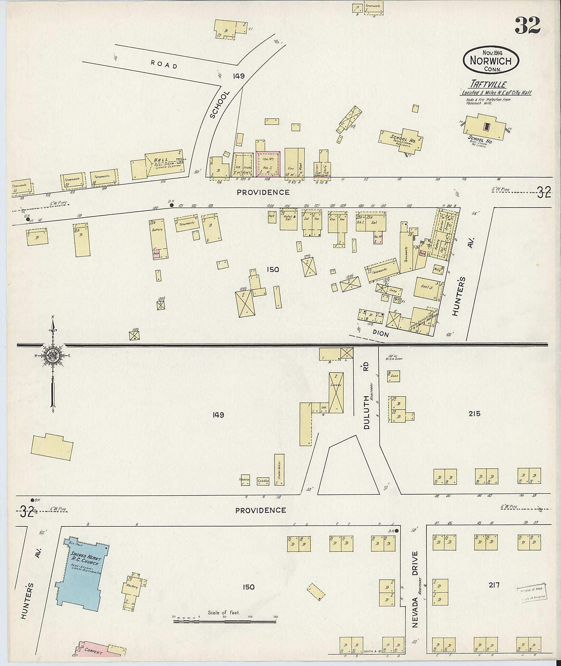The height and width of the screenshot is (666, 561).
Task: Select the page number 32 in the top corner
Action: pyautogui.click(x=527, y=25)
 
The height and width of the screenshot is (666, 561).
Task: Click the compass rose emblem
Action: pyautogui.click(x=53, y=356)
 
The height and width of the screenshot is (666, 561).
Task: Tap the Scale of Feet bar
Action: pyautogui.click(x=224, y=621)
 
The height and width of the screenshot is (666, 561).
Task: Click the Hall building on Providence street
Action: pyautogui.click(x=165, y=165)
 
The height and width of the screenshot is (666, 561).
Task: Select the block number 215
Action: pyautogui.click(x=474, y=414)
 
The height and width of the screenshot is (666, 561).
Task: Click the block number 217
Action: pyautogui.click(x=494, y=585)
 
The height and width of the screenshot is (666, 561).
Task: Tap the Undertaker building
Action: pyautogui.click(x=279, y=470)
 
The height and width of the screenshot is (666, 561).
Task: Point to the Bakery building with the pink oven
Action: pyautogui.click(x=159, y=238)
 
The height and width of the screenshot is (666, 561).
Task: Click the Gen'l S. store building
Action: pyautogui.click(x=427, y=288)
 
